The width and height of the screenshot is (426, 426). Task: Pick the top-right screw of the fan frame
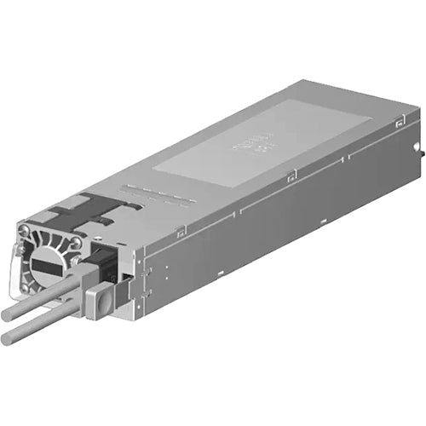click(76, 242)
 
